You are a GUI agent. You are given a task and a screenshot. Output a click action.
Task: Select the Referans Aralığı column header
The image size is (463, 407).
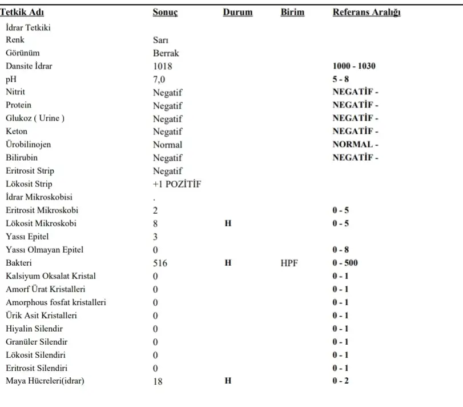pos(366,13)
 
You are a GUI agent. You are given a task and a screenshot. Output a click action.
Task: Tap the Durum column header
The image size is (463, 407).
pos(237,13)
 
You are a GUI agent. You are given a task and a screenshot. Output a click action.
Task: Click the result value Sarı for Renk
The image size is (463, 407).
pos(160,40)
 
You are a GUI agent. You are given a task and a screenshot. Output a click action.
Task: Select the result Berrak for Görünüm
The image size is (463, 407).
pos(166,53)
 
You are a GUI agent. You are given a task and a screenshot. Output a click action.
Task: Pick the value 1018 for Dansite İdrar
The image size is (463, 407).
pos(163,66)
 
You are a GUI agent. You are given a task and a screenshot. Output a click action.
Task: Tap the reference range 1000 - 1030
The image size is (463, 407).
pos(354,66)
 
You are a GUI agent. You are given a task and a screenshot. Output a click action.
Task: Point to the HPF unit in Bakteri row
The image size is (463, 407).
pos(289,264)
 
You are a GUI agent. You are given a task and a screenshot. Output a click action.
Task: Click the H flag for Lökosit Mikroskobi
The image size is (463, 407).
pos(228,224)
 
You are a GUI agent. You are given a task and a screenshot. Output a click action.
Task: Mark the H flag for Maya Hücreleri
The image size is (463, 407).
pos(228,381)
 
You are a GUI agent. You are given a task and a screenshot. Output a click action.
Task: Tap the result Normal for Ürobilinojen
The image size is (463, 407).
pos(167,145)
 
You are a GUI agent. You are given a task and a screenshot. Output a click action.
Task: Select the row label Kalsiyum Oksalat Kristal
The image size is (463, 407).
pos(51,276)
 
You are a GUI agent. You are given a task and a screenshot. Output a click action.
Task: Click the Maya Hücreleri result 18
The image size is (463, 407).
pos(158,382)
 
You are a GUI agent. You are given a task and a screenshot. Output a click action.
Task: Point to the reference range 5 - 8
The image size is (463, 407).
pos(341,79)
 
